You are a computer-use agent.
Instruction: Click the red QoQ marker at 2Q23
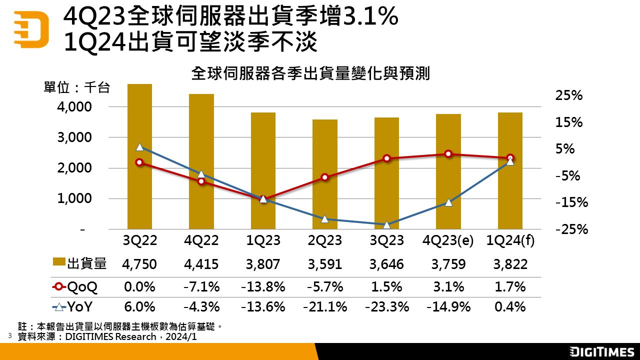click(325, 177)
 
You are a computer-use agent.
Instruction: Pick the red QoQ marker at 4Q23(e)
click(448, 154)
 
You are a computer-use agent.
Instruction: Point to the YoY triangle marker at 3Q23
click(386, 225)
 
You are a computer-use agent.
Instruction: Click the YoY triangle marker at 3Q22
click(139, 147)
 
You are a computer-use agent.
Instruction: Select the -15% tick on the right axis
click(571, 202)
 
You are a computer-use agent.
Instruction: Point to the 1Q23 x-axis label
click(263, 240)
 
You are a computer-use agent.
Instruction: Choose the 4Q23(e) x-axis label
click(448, 240)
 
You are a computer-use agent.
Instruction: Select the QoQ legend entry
click(75, 287)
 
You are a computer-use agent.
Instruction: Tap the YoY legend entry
click(75, 306)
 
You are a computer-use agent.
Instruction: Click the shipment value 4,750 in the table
click(139, 264)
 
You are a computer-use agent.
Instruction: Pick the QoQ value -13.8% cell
click(263, 287)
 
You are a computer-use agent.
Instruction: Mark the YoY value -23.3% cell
click(386, 306)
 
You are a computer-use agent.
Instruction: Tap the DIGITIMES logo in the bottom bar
click(602, 352)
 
